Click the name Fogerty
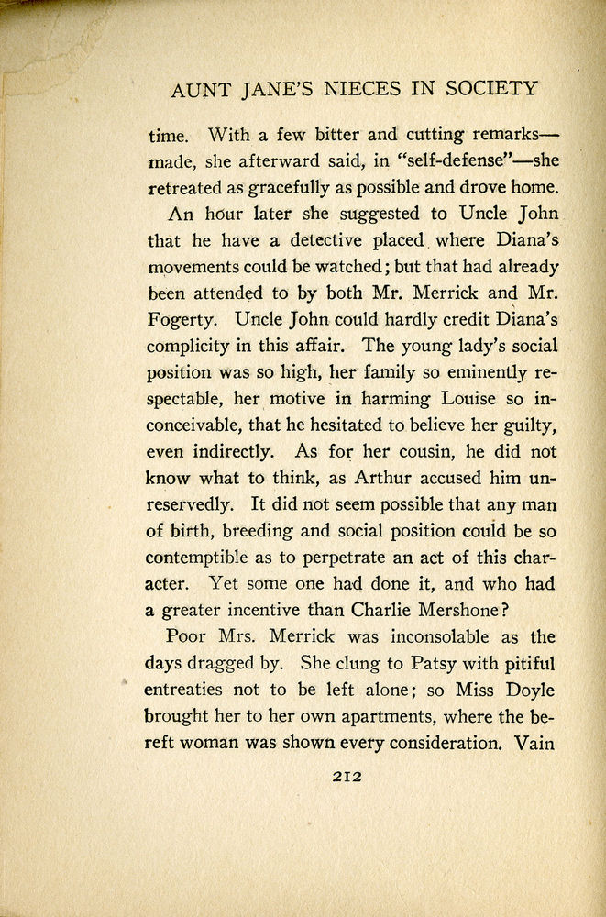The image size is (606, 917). point(180,322)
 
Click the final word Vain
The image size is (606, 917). point(537,742)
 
